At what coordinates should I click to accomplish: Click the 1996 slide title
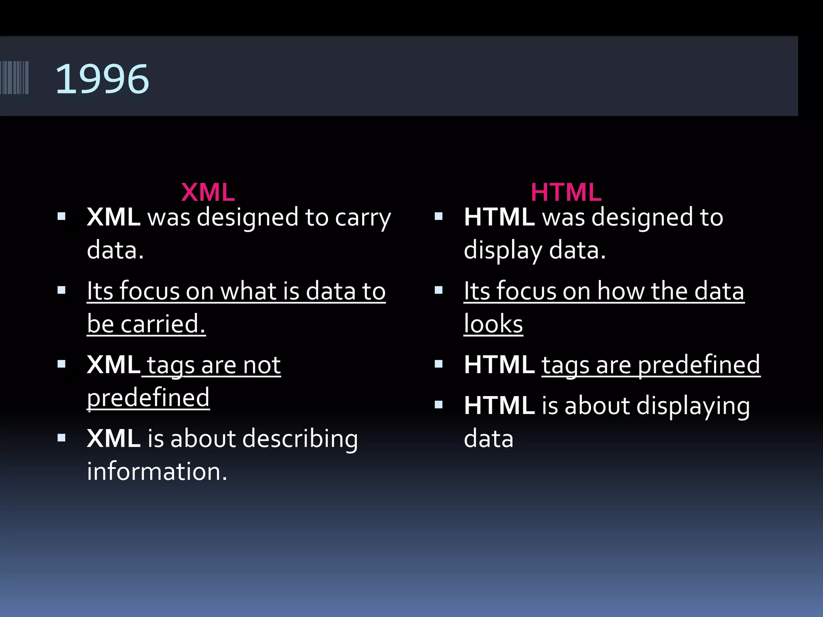pos(102,79)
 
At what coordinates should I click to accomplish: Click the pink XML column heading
pos(208,192)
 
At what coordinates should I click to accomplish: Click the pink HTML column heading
pos(566,192)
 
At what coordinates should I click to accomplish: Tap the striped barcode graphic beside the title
pos(14,78)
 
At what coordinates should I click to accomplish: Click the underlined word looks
pos(493,324)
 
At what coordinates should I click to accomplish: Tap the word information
pos(157,471)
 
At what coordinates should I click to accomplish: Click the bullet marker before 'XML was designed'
pos(61,217)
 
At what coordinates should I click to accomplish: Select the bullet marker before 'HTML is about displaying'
pos(438,405)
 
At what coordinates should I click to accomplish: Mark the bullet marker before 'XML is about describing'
pos(61,437)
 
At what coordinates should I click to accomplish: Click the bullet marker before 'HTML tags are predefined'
pos(438,364)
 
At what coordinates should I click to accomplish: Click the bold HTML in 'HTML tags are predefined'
pos(499,365)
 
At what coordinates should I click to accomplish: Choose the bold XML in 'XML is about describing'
pos(113,438)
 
